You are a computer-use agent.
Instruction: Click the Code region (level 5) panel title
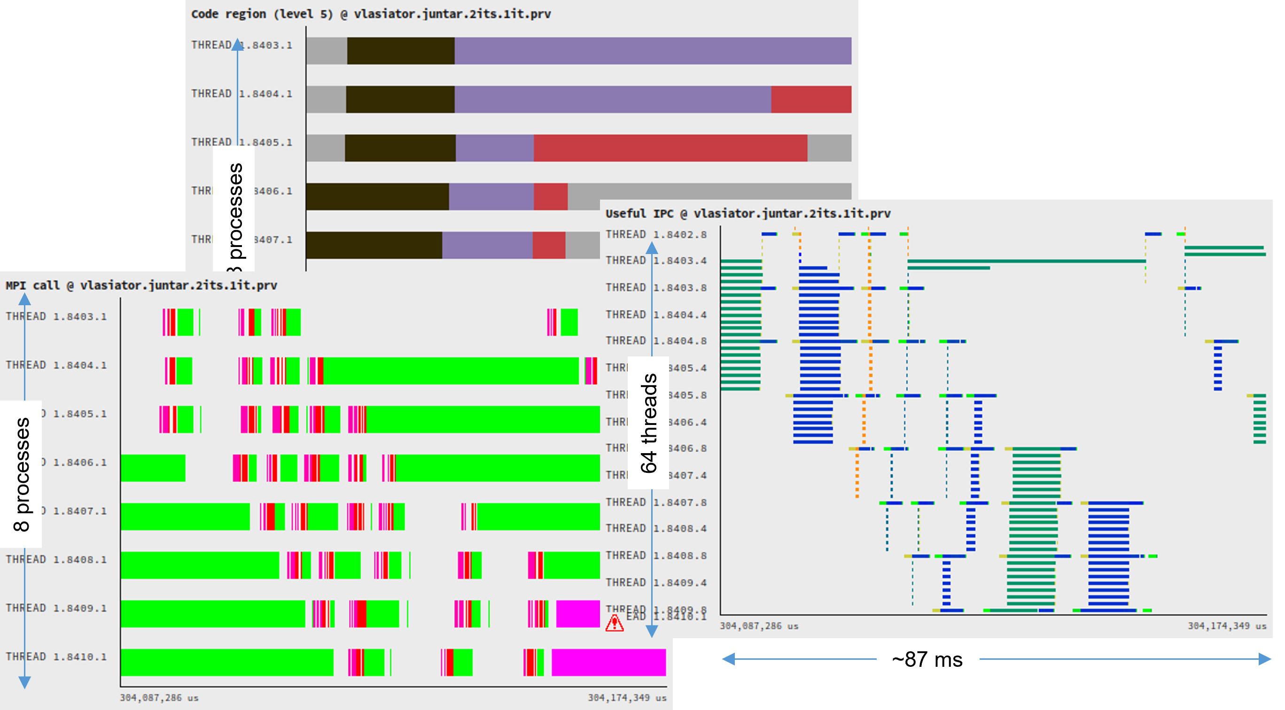(371, 14)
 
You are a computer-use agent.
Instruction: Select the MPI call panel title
(141, 285)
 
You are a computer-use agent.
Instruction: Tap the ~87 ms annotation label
(927, 659)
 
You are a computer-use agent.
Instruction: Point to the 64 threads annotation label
(648, 423)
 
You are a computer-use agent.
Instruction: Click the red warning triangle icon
(614, 623)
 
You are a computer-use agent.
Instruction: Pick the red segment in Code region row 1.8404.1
(810, 99)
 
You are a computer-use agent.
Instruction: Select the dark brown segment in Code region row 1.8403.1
(401, 51)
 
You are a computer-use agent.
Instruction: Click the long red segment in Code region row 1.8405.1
(670, 147)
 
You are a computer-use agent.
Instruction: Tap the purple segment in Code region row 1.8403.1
(653, 51)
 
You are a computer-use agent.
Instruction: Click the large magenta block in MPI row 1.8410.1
(608, 662)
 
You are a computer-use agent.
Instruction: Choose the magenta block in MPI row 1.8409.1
(577, 614)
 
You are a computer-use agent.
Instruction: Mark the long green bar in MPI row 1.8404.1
(451, 371)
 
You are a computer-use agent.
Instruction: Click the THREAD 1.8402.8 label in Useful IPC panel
(656, 234)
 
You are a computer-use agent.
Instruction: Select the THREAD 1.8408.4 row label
(656, 529)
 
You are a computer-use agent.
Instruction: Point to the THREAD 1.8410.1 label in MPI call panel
(56, 656)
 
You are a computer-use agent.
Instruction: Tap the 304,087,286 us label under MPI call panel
(159, 697)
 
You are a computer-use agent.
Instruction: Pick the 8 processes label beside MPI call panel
(22, 474)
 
